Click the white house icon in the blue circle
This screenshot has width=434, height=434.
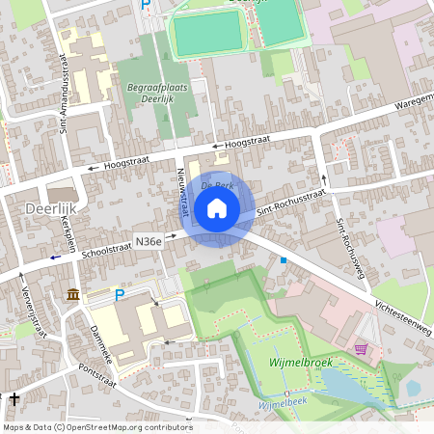coord(217,207)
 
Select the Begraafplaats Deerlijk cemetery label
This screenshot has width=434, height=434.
coord(149,92)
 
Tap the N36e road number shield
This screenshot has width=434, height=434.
coord(149,241)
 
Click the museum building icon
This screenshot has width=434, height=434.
coord(73,294)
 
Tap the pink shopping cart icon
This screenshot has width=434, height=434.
coord(361,348)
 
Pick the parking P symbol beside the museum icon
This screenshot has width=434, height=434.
coord(120,295)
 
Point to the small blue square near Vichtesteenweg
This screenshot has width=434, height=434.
coord(284,260)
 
